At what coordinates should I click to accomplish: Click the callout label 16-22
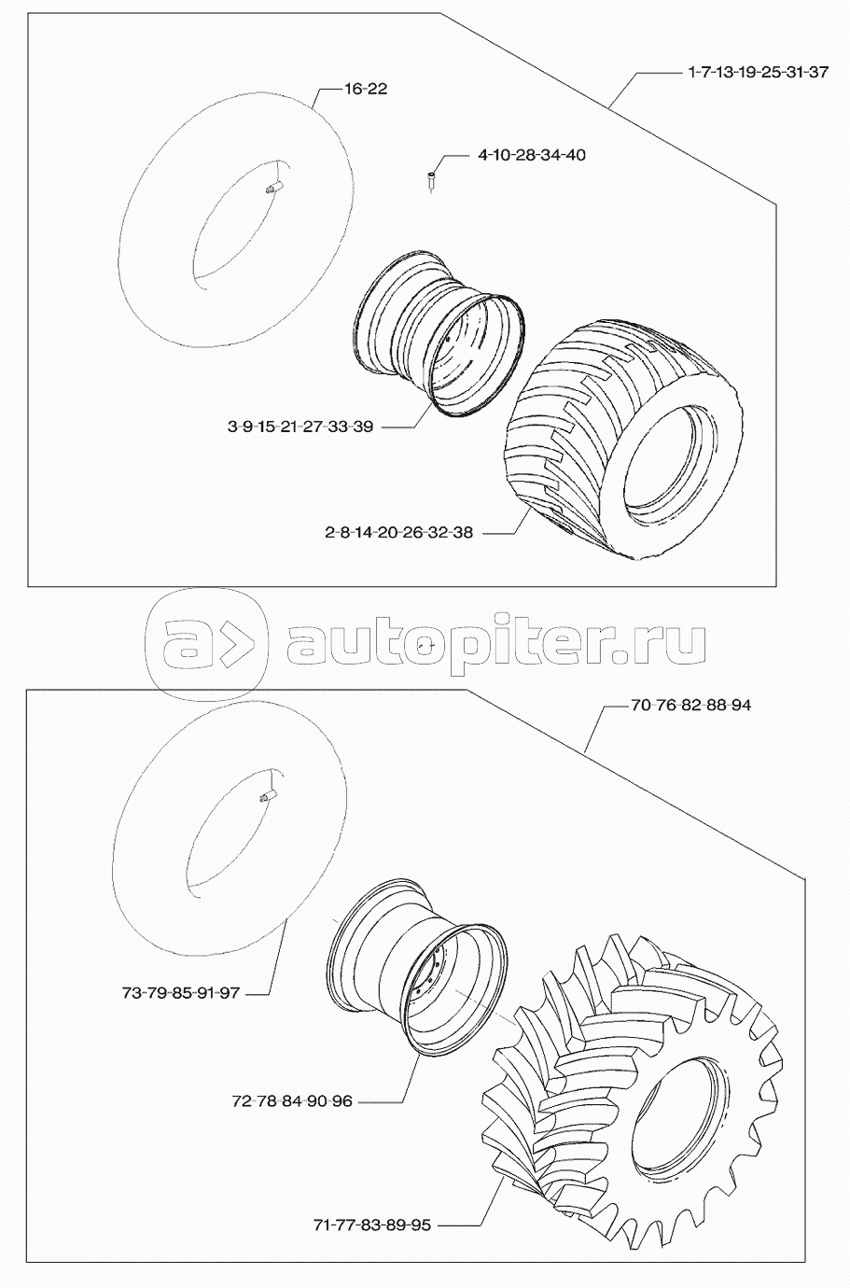click(366, 89)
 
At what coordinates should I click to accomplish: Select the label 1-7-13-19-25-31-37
click(758, 73)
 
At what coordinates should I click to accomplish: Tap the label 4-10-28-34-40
click(532, 155)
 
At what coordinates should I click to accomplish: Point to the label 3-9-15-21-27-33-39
click(300, 427)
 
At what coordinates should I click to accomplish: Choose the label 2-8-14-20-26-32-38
click(398, 532)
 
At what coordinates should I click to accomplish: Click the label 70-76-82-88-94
click(690, 706)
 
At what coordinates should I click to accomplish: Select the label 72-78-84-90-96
click(292, 1101)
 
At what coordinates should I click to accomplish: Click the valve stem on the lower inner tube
click(269, 796)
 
